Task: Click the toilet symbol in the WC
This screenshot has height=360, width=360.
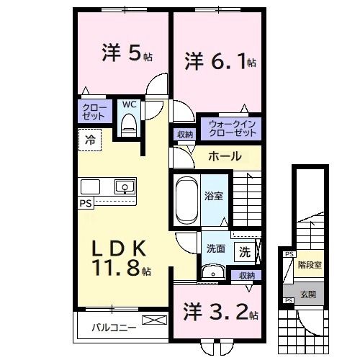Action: pyautogui.click(x=129, y=126)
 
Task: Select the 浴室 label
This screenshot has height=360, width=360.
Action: pyautogui.click(x=214, y=195)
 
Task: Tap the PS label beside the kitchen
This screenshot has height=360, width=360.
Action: pyautogui.click(x=86, y=203)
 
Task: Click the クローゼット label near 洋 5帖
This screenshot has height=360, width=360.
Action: pyautogui.click(x=94, y=112)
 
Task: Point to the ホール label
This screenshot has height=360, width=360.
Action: pyautogui.click(x=225, y=156)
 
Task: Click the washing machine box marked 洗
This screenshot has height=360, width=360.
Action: pyautogui.click(x=244, y=253)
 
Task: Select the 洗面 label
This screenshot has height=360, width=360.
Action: pyautogui.click(x=216, y=250)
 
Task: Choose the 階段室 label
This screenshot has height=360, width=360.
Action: pyautogui.click(x=310, y=264)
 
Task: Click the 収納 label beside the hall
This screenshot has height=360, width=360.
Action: pyautogui.click(x=184, y=135)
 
